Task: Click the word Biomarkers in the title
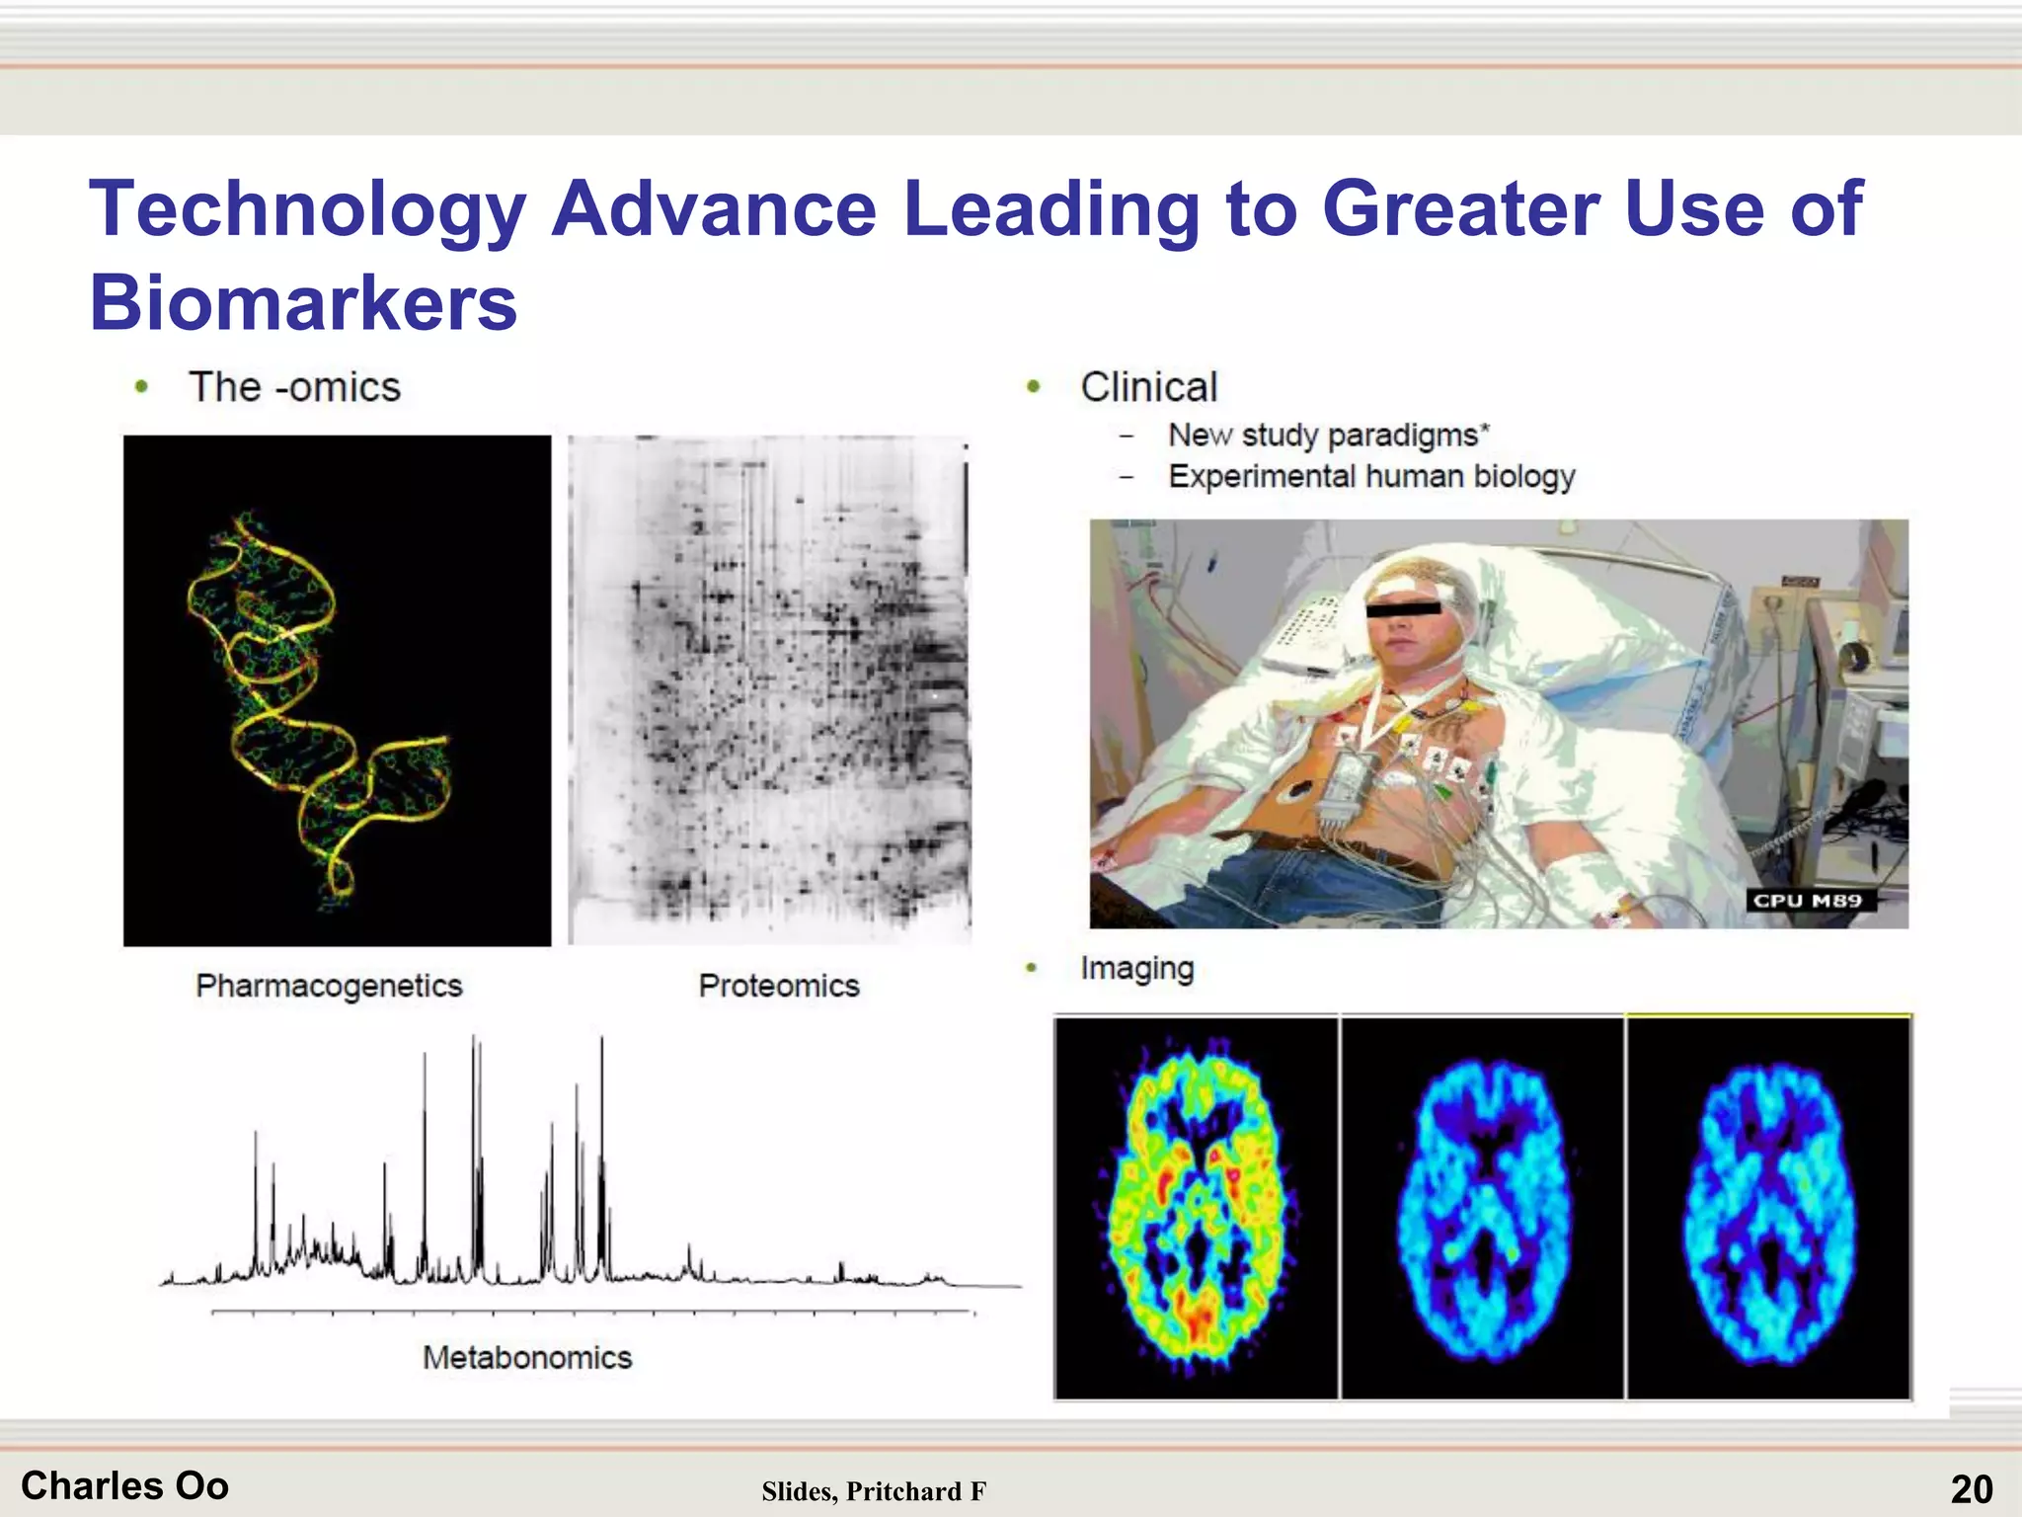(303, 302)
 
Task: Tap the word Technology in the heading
(307, 209)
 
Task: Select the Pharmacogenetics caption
(329, 986)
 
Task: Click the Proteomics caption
(778, 986)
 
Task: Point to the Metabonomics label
(527, 1358)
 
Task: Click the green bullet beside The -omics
(142, 387)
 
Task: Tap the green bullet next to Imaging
(1032, 968)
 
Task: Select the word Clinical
(1148, 387)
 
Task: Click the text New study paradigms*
(1328, 436)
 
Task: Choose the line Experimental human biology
(1371, 477)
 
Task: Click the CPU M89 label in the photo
(1808, 901)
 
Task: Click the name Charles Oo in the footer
(125, 1486)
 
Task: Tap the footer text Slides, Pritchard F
(874, 1491)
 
